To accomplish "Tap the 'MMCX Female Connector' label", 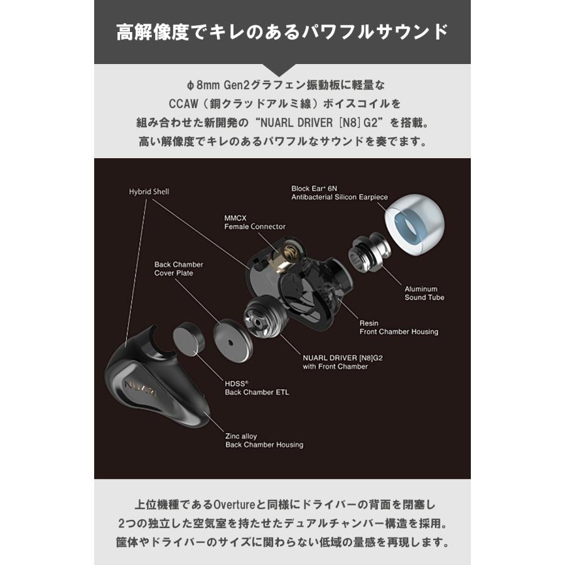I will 255,222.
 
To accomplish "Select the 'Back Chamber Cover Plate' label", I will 179,269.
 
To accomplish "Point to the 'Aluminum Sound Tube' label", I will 424,293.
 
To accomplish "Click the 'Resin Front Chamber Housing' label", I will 399,327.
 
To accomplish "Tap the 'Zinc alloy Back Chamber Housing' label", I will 264,440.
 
